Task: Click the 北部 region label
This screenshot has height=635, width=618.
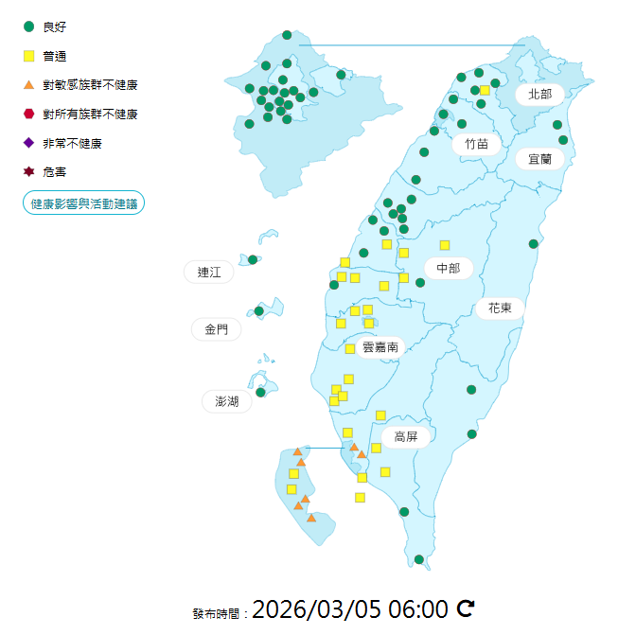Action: click(x=539, y=94)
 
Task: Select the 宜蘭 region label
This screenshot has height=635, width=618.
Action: click(x=539, y=159)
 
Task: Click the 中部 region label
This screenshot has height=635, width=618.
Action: click(x=448, y=269)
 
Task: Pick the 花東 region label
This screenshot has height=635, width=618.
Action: click(x=500, y=308)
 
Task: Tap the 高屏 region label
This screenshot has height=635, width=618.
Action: click(x=406, y=436)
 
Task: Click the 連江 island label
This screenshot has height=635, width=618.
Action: click(x=208, y=273)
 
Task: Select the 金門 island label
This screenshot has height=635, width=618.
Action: click(x=216, y=329)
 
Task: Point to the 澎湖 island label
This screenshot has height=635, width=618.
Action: click(x=227, y=401)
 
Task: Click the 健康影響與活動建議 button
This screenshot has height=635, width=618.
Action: click(x=83, y=203)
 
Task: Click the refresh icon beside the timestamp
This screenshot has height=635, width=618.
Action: click(x=465, y=609)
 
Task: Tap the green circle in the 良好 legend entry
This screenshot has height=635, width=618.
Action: click(x=28, y=26)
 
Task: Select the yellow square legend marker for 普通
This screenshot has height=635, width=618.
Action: click(x=28, y=56)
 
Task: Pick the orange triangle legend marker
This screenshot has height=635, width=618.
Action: click(x=28, y=85)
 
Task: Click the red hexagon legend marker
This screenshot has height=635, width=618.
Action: click(x=28, y=114)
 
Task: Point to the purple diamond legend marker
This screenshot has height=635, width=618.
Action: click(x=28, y=143)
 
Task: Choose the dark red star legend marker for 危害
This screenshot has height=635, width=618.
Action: click(x=28, y=172)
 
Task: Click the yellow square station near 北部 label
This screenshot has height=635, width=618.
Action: click(x=485, y=90)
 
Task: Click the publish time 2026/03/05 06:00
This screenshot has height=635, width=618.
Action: click(x=349, y=609)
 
